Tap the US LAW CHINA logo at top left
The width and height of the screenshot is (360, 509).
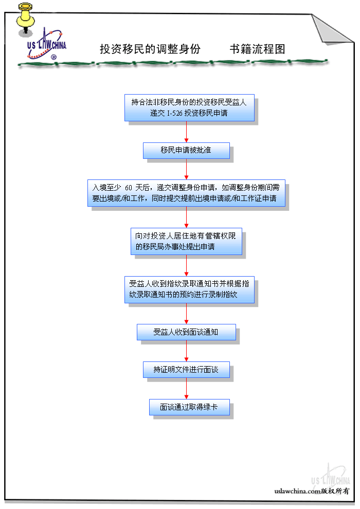coord(46,44)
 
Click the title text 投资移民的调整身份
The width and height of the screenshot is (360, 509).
coord(150,49)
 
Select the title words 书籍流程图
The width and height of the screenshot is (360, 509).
coord(257,49)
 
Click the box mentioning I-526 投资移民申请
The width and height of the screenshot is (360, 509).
coord(189,107)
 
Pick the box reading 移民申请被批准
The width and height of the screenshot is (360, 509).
coord(186,151)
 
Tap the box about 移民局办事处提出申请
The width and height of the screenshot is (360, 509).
coord(186,242)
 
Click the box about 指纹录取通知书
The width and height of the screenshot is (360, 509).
coord(189,289)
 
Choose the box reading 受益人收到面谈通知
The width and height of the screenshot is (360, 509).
coord(186,332)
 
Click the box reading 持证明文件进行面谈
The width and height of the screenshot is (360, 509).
coord(186,370)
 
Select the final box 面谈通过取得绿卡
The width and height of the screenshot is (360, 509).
coord(189,407)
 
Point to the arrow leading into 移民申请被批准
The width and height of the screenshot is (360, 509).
coord(186,132)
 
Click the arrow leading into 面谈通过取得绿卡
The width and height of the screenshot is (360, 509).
coord(186,389)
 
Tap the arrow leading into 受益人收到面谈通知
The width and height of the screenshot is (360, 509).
coord(186,314)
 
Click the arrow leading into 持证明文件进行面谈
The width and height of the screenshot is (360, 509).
coord(186,351)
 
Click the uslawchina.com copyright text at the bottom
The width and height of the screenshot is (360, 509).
coord(312,491)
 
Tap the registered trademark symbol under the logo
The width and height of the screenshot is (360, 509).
coord(53,58)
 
